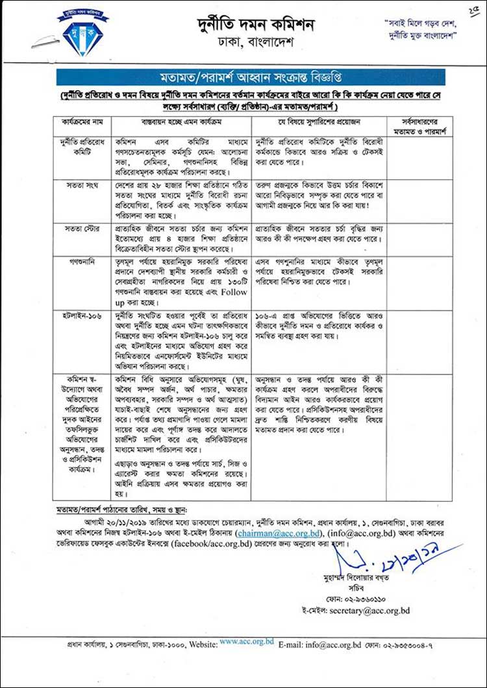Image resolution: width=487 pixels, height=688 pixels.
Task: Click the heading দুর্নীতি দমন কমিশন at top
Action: point(256,25)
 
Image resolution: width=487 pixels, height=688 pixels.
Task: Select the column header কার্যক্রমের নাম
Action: point(82,122)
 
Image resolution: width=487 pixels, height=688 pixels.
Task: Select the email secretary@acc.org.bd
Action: point(369,611)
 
